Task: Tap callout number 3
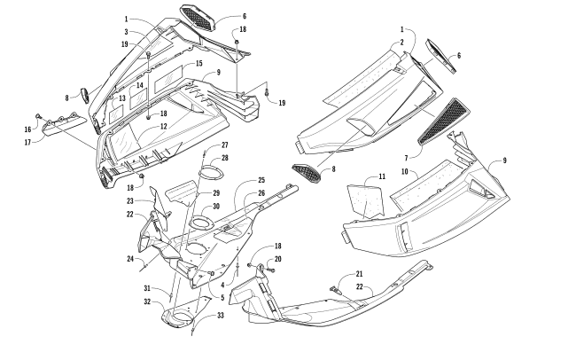(x=127, y=32)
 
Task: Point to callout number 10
(x=405, y=170)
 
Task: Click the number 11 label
(x=382, y=177)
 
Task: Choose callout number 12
(x=164, y=128)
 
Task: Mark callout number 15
(x=198, y=64)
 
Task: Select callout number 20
(x=277, y=258)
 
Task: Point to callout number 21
(x=359, y=274)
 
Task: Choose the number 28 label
(x=225, y=157)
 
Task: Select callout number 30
(x=216, y=207)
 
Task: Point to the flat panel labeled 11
(x=363, y=197)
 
